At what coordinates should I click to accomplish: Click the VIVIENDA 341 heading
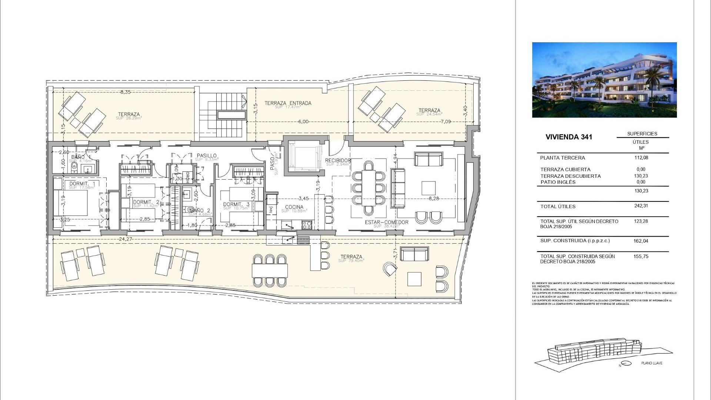tap(568, 137)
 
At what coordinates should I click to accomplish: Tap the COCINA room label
tap(294, 207)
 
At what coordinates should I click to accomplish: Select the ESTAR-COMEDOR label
tap(386, 222)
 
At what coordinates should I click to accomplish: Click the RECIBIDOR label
tap(338, 160)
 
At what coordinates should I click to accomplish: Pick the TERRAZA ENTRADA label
tap(288, 103)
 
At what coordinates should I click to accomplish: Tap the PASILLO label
tap(207, 156)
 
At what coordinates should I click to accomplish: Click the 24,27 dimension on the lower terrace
tap(126, 239)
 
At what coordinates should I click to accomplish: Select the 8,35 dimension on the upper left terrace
tap(125, 92)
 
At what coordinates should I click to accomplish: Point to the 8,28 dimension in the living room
tap(434, 199)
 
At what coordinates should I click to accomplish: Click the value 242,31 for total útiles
tap(641, 206)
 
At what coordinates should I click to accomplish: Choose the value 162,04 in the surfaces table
tap(641, 241)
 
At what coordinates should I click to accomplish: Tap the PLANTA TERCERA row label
tap(563, 158)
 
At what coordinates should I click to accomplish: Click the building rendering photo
tap(604, 80)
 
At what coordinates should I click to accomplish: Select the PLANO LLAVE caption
tap(652, 363)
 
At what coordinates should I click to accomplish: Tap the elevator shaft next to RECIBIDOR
tap(302, 158)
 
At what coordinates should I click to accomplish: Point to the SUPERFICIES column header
tap(642, 134)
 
